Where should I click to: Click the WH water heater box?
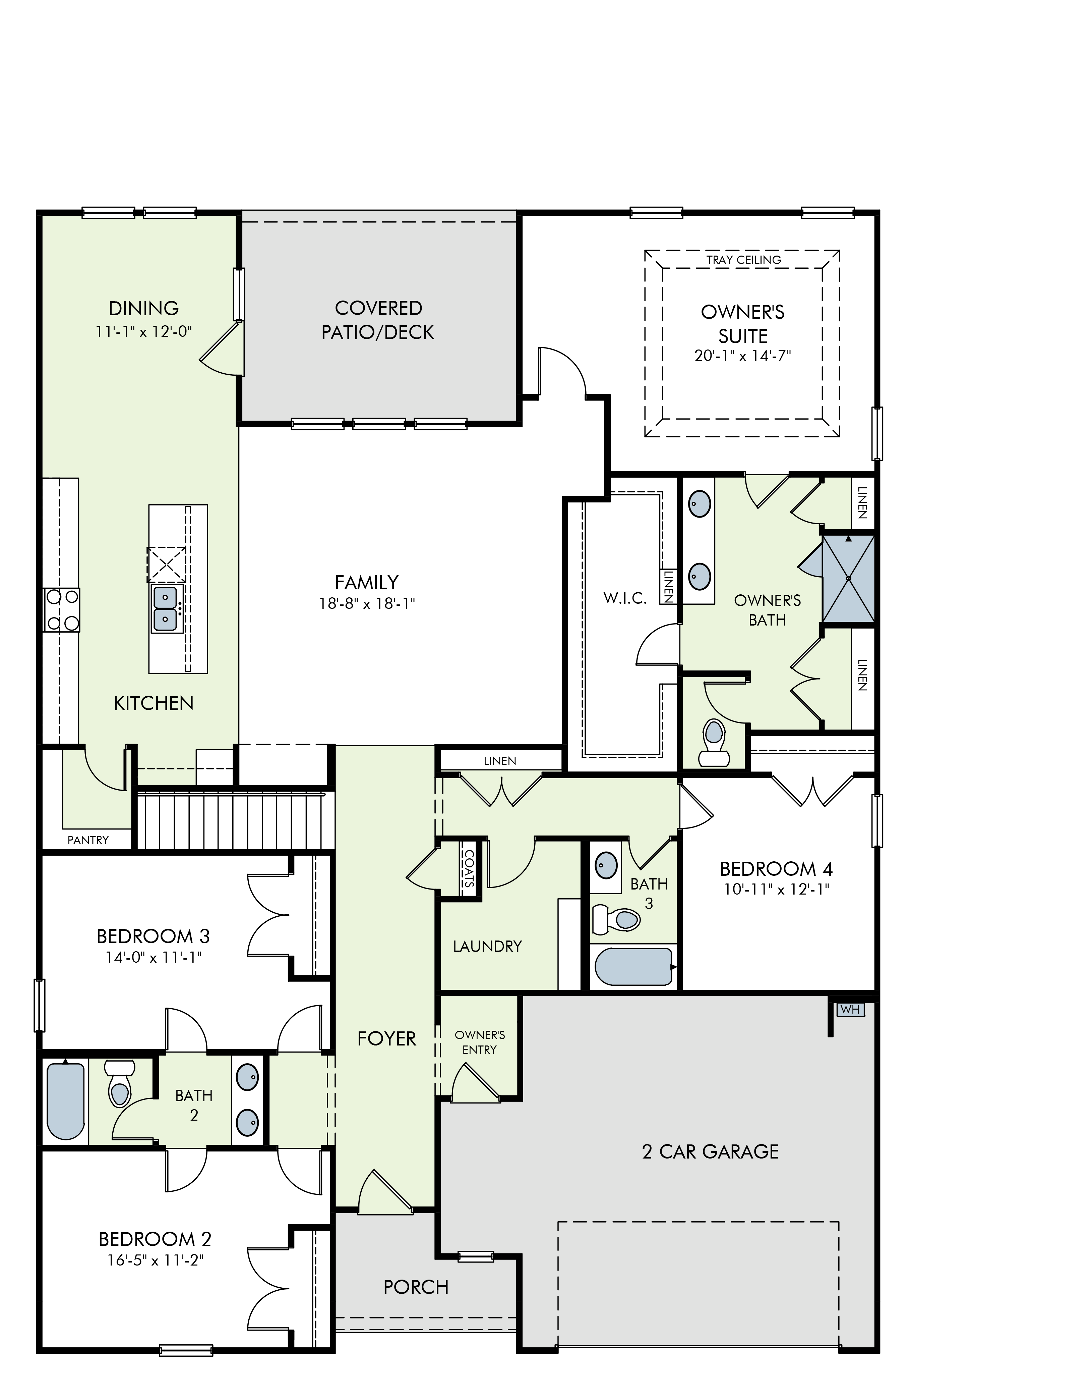[850, 1010]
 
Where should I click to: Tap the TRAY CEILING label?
[743, 260]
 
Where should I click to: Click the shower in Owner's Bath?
[848, 578]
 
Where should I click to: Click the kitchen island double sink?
[166, 608]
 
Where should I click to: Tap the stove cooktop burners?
[61, 610]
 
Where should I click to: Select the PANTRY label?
[88, 840]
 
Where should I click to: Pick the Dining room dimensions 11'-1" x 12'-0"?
[144, 331]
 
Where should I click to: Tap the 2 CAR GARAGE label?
[710, 1151]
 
